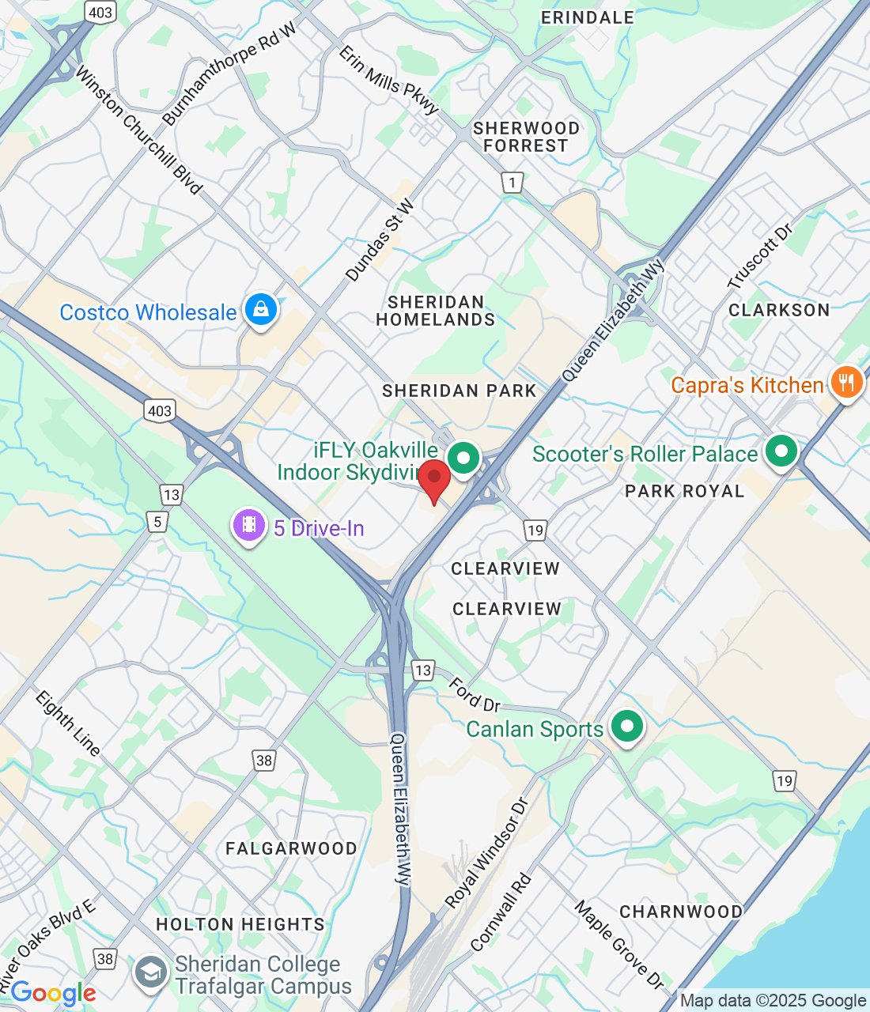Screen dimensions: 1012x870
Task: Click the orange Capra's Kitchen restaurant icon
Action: (846, 383)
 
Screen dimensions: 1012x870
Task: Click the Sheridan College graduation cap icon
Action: (149, 973)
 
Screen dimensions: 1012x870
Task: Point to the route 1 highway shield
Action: (513, 183)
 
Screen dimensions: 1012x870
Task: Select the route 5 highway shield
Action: (158, 521)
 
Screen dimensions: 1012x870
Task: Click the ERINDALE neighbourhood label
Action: (588, 17)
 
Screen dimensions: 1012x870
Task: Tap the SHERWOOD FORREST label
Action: (526, 137)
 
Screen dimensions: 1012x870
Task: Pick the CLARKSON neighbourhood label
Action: (779, 310)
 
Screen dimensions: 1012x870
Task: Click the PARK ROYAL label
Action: (684, 491)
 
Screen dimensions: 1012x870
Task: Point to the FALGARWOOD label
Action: (291, 848)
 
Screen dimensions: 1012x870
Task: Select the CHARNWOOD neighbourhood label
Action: (681, 912)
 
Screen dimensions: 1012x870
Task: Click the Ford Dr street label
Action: (475, 694)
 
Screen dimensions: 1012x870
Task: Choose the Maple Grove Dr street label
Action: (619, 944)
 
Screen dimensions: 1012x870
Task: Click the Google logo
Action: (54, 993)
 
